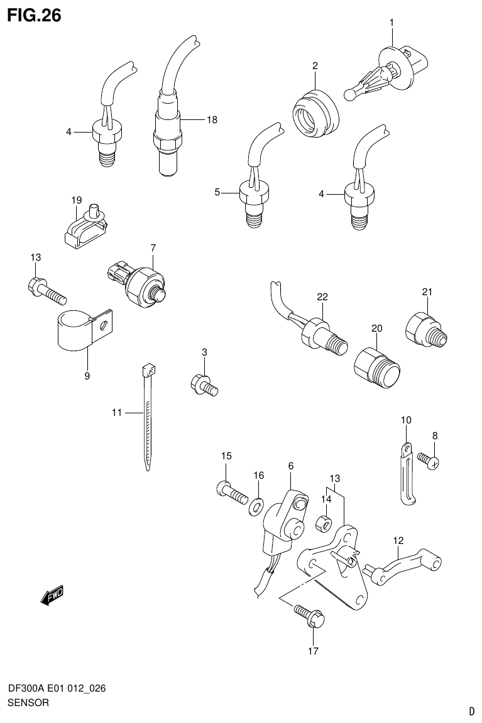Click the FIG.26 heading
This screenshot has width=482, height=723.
tap(34, 16)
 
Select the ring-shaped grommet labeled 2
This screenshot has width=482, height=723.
tap(315, 112)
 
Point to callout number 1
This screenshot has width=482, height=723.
tap(391, 23)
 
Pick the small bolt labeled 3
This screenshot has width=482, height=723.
tap(204, 384)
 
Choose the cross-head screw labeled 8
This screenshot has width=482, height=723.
tap(429, 462)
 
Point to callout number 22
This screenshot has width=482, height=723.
tap(322, 296)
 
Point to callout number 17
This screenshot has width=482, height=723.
tap(312, 651)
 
